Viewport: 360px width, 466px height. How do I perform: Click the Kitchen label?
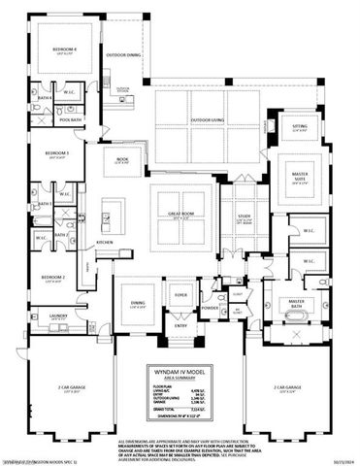[x=106, y=243]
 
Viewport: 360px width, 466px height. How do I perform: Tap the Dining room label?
[x=138, y=304]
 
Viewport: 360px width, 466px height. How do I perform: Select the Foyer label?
[x=180, y=292]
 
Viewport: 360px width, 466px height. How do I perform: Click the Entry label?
[x=180, y=327]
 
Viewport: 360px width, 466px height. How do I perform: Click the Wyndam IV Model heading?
[x=180, y=371]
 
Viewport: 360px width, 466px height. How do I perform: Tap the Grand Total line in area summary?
[x=171, y=409]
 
